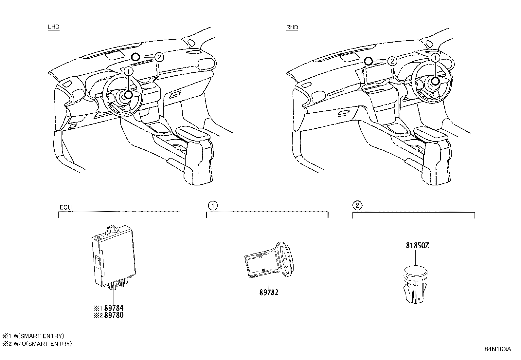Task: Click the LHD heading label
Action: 54,27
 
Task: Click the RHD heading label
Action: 292,27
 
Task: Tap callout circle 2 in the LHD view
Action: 159,57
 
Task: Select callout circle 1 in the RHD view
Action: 435,58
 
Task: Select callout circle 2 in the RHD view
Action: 392,61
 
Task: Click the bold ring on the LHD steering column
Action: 129,95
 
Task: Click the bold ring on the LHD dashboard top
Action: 135,58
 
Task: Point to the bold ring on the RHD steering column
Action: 435,81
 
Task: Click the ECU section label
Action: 65,207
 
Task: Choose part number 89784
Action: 113,308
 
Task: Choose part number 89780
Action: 113,315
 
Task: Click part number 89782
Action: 269,293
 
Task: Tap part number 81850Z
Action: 417,246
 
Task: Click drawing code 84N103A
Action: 498,349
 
